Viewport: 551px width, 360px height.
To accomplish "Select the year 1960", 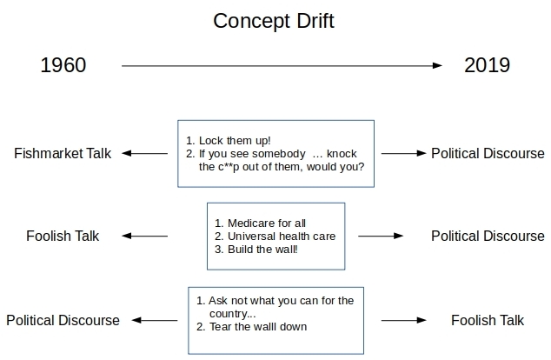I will pos(63,65).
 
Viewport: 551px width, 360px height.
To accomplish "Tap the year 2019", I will pos(486,65).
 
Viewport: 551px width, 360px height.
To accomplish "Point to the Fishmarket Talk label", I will pos(62,154).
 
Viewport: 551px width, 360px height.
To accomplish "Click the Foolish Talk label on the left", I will pos(63,236).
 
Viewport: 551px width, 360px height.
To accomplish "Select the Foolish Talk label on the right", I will pos(488,320).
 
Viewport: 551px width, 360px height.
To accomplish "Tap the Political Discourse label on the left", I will pos(63,320).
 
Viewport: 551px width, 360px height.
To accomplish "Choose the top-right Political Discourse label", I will pos(488,154).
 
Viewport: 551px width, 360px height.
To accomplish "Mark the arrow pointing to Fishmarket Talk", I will pos(144,154).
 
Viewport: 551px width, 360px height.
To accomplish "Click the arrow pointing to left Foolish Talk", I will pos(144,236).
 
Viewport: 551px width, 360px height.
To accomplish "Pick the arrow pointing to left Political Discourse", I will pos(154,320).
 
